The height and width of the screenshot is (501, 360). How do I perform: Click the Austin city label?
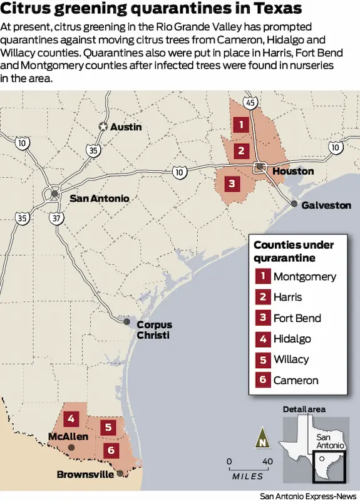126,127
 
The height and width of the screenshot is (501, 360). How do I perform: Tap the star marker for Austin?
103,127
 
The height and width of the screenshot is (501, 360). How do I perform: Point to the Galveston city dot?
294,204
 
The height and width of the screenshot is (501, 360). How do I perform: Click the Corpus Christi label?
154,329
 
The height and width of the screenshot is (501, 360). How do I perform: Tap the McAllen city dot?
71,447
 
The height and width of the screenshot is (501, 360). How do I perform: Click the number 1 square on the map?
240,125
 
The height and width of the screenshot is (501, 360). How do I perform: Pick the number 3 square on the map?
232,183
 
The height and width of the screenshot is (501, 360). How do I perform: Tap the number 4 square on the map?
72,418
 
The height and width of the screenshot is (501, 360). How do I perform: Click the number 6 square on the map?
111,450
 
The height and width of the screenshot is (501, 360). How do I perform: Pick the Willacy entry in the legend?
291,359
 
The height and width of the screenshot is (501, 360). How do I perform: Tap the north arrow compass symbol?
262,438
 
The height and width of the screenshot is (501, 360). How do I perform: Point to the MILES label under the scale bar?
247,477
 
